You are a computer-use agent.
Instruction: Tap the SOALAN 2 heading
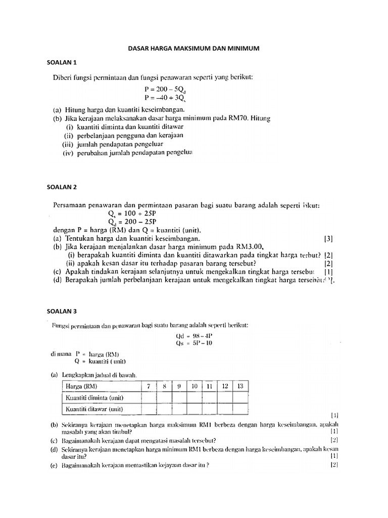point(61,187)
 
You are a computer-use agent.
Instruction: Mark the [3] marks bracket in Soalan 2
point(328,238)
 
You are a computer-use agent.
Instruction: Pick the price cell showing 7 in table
point(149,386)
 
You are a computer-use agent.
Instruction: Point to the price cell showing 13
point(240,386)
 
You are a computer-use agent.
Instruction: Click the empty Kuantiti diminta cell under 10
point(195,398)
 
